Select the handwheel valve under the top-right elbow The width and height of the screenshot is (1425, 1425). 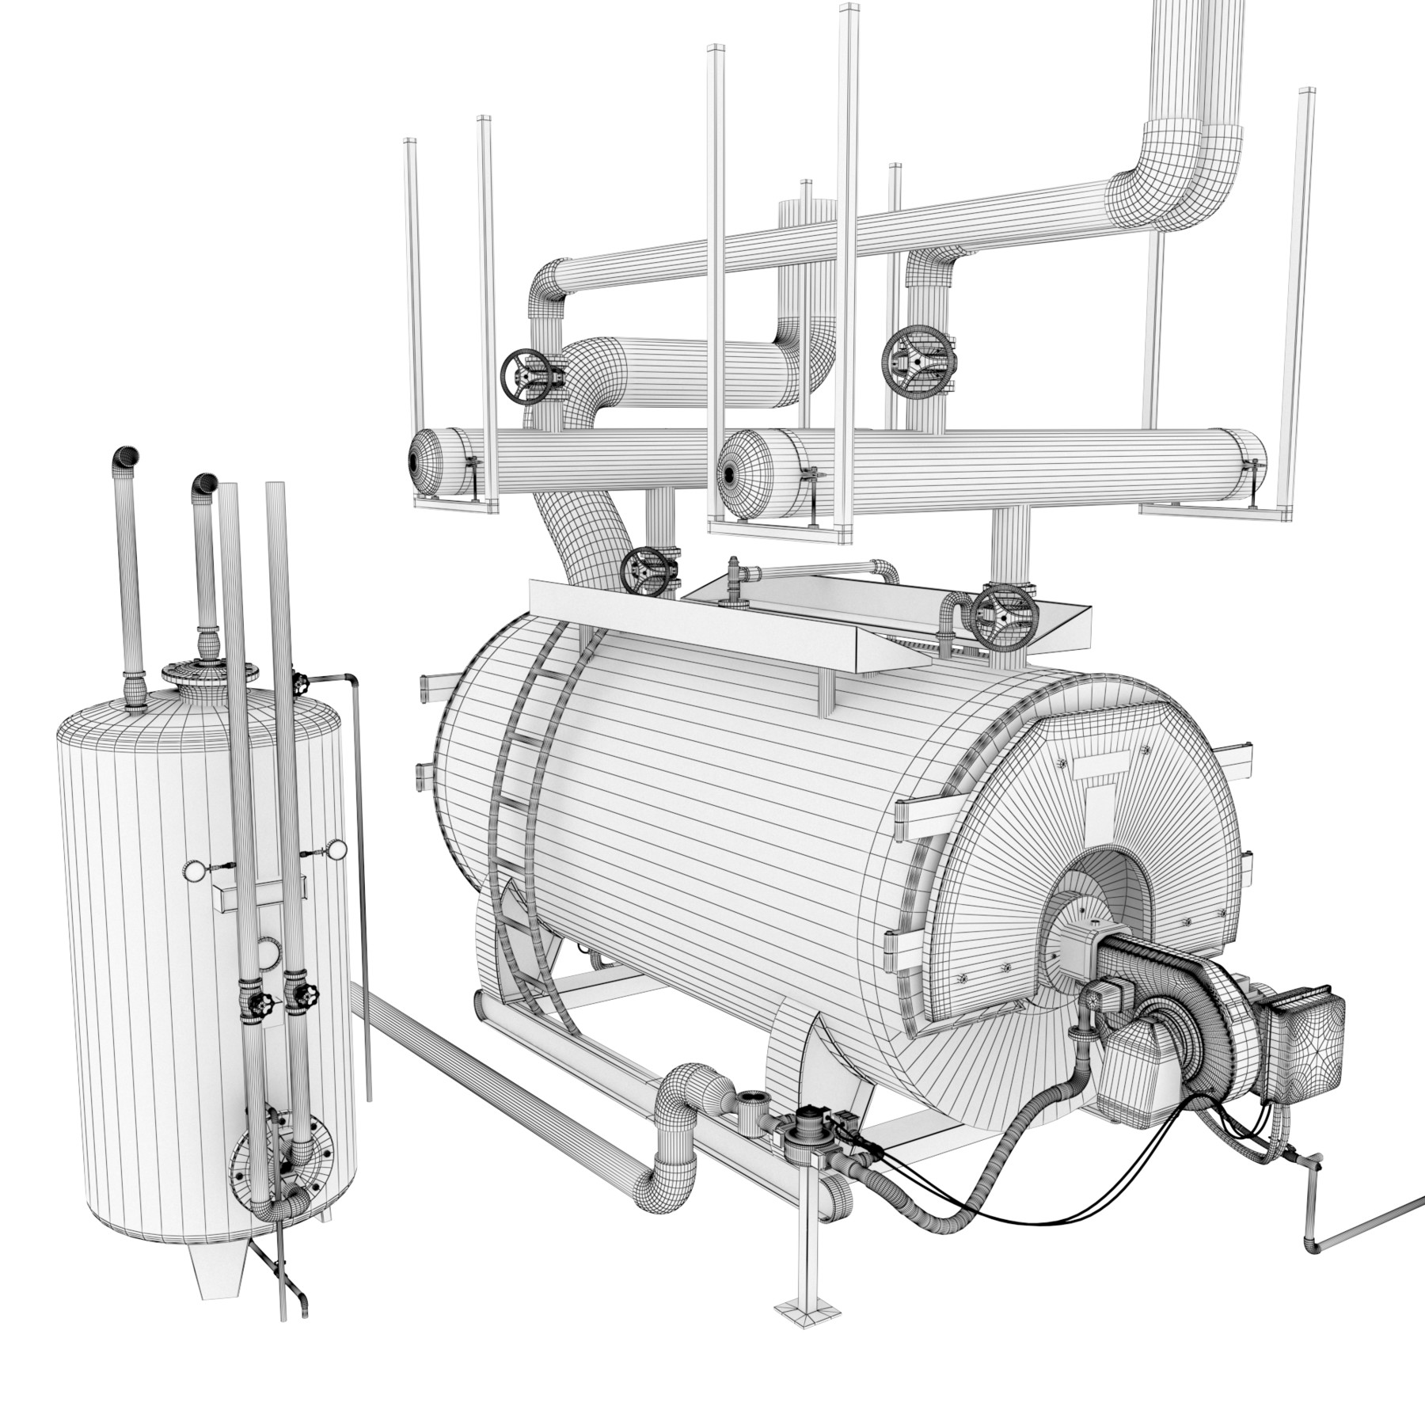[x=917, y=360]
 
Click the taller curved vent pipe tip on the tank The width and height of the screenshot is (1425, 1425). [x=124, y=457]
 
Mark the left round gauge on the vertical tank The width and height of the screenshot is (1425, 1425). [x=195, y=871]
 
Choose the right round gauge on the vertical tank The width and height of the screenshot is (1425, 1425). [x=338, y=851]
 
